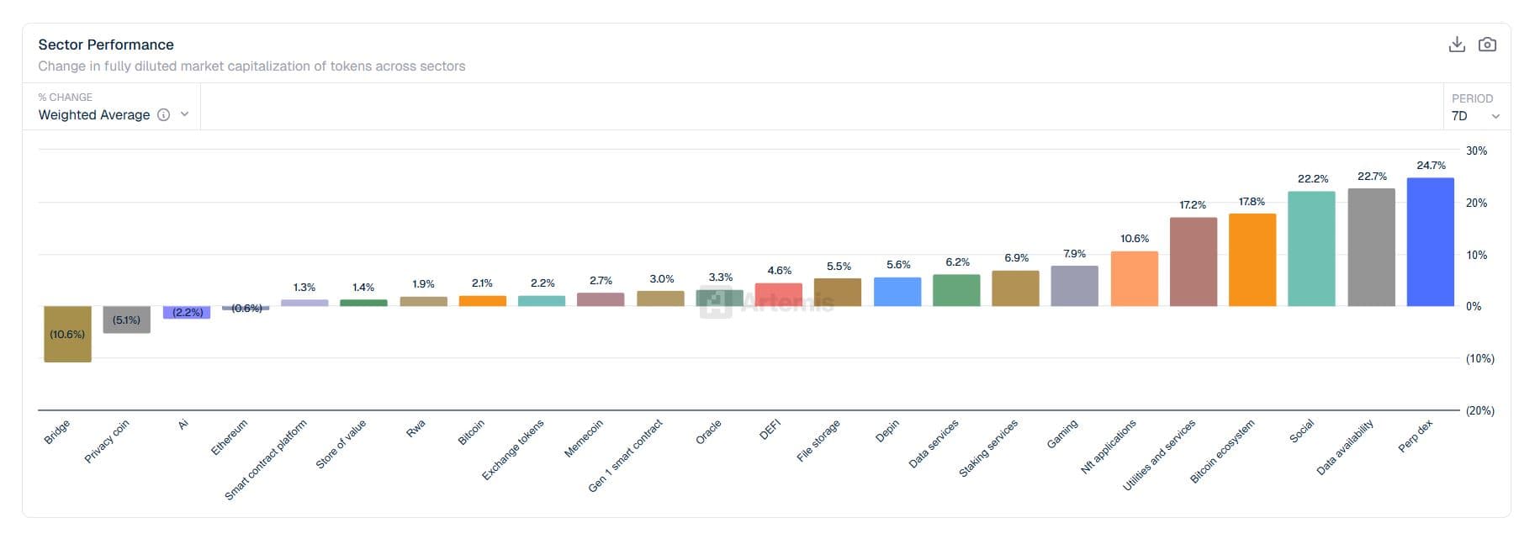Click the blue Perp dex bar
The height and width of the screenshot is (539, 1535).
point(1430,242)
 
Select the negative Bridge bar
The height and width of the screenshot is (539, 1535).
point(67,334)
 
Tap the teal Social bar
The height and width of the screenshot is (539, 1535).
point(1311,249)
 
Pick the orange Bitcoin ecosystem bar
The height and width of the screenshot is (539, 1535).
point(1252,260)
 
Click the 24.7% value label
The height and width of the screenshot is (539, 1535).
point(1431,166)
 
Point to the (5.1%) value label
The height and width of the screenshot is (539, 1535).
point(127,320)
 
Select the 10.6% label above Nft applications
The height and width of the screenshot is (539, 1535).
point(1134,239)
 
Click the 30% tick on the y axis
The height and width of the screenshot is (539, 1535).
point(1476,151)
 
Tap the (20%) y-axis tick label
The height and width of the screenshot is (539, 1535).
point(1479,411)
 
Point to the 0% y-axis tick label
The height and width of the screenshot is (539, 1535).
point(1474,307)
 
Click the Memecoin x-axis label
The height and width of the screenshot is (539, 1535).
point(584,438)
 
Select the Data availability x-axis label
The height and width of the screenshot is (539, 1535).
point(1345,447)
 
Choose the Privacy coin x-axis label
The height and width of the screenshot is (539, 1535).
point(107,441)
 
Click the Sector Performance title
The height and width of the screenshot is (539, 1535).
point(106,45)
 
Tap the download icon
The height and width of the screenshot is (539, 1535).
point(1457,45)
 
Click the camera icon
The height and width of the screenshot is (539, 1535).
point(1487,45)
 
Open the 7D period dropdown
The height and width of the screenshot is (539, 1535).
point(1475,116)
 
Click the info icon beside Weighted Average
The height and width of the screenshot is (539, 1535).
point(164,115)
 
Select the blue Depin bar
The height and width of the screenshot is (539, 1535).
point(897,292)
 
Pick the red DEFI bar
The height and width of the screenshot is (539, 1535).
point(778,295)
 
